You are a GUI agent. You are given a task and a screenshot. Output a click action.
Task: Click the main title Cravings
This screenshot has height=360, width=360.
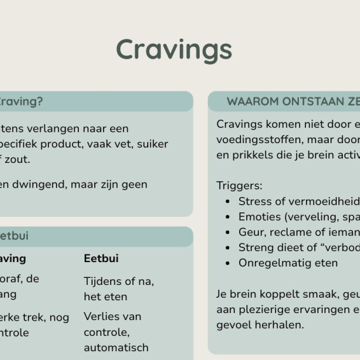coord(174,49)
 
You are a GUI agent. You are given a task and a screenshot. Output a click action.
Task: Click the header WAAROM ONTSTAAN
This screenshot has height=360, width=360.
coord(286,102)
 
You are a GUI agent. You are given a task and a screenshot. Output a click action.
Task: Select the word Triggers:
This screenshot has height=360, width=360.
coord(239,186)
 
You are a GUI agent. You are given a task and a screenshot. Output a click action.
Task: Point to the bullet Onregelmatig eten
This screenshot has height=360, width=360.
coord(288,263)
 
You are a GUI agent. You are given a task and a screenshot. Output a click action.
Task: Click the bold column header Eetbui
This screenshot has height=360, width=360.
coord(101,258)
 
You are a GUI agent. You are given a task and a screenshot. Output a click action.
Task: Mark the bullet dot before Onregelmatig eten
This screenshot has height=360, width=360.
coord(228,263)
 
